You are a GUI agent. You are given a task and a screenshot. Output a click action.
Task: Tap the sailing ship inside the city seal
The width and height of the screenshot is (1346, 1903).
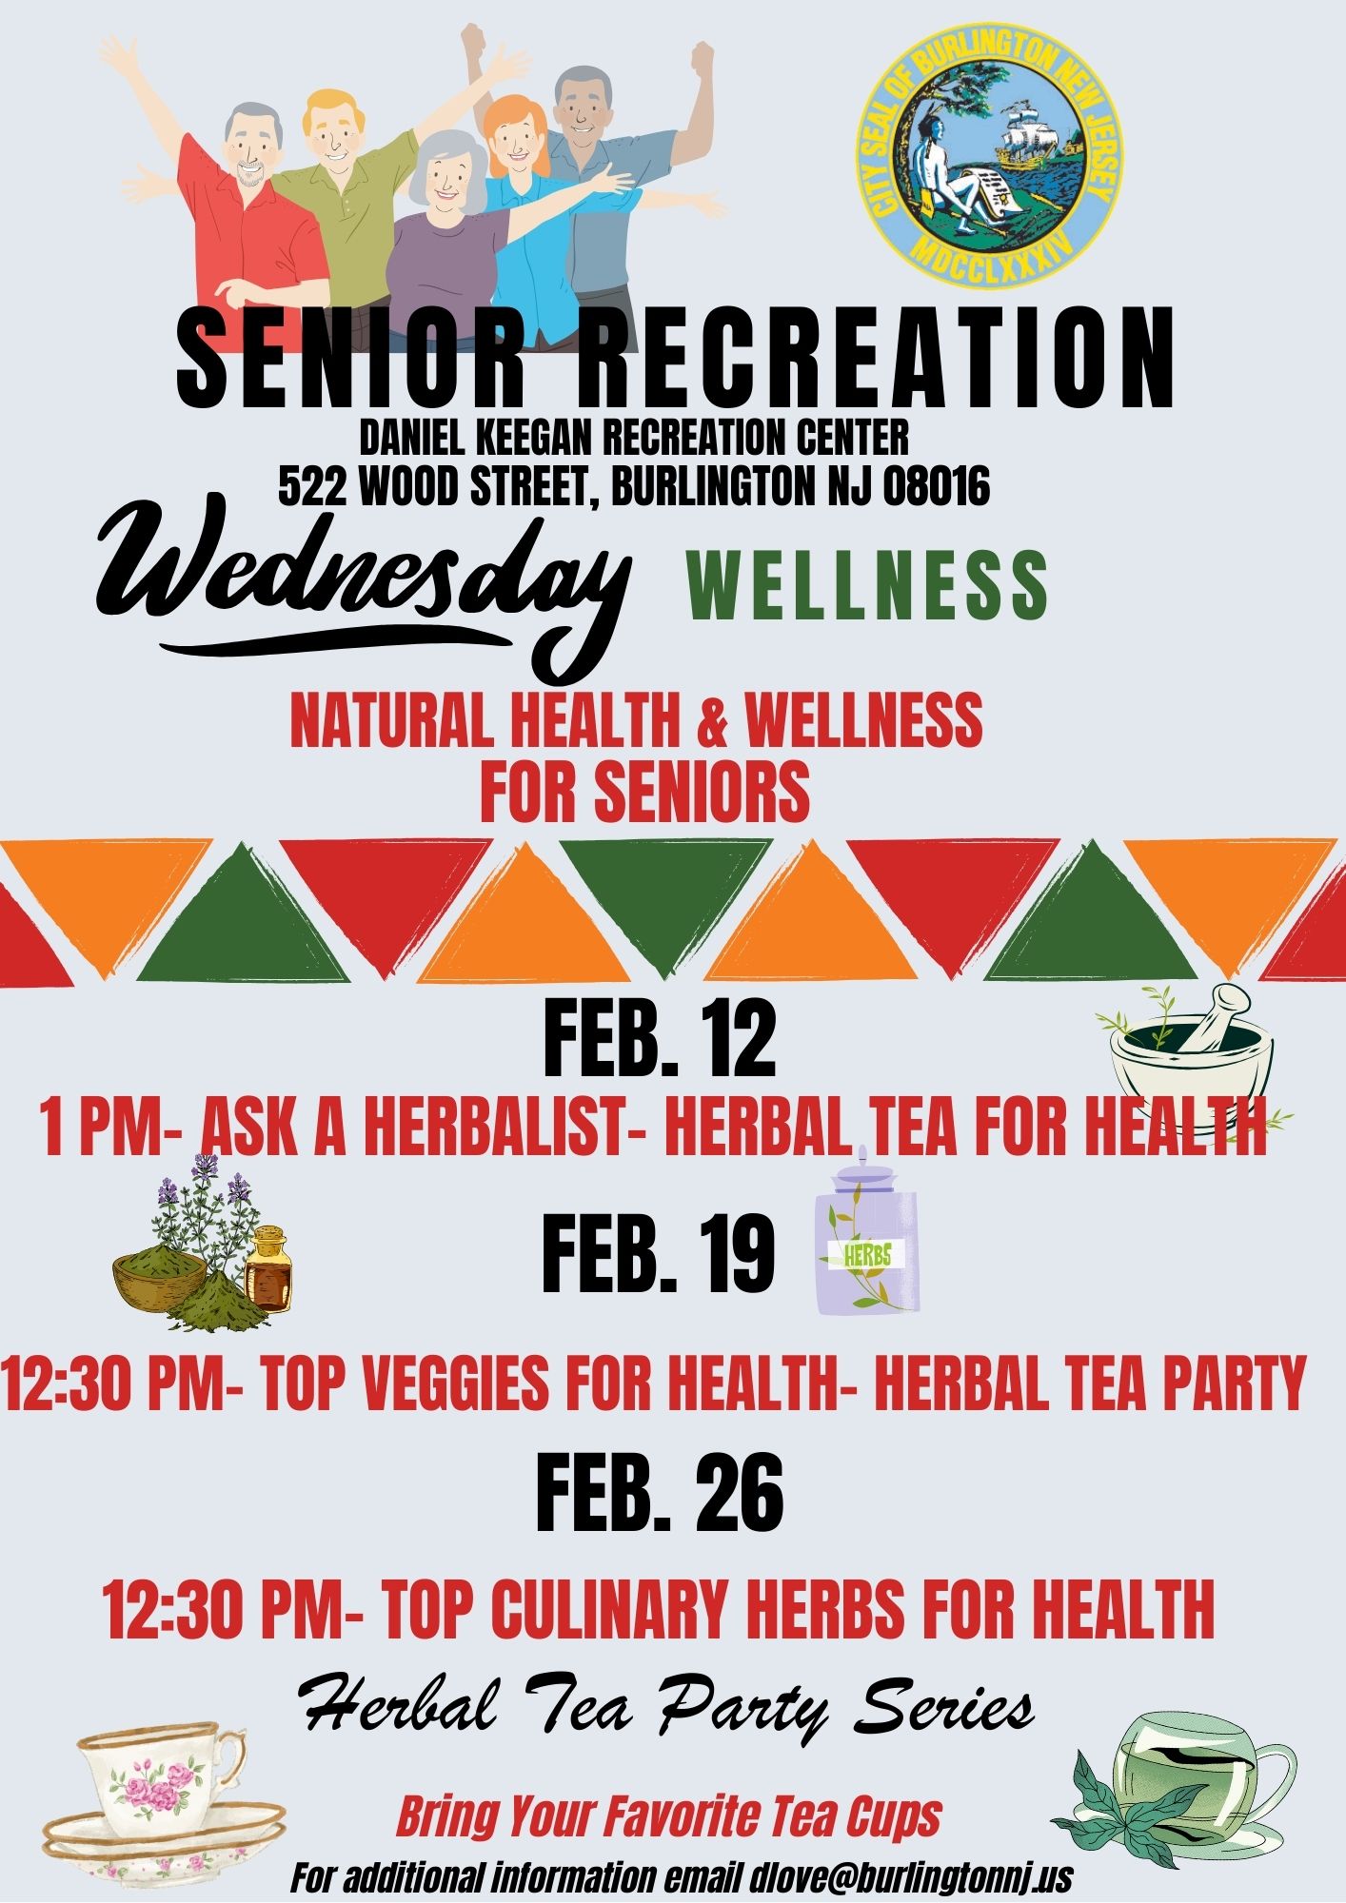click(x=1029, y=134)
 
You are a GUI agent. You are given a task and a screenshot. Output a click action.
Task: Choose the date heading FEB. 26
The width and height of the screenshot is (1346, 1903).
click(x=660, y=1493)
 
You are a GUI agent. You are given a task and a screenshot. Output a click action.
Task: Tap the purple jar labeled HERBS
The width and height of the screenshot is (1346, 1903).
click(x=867, y=1231)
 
